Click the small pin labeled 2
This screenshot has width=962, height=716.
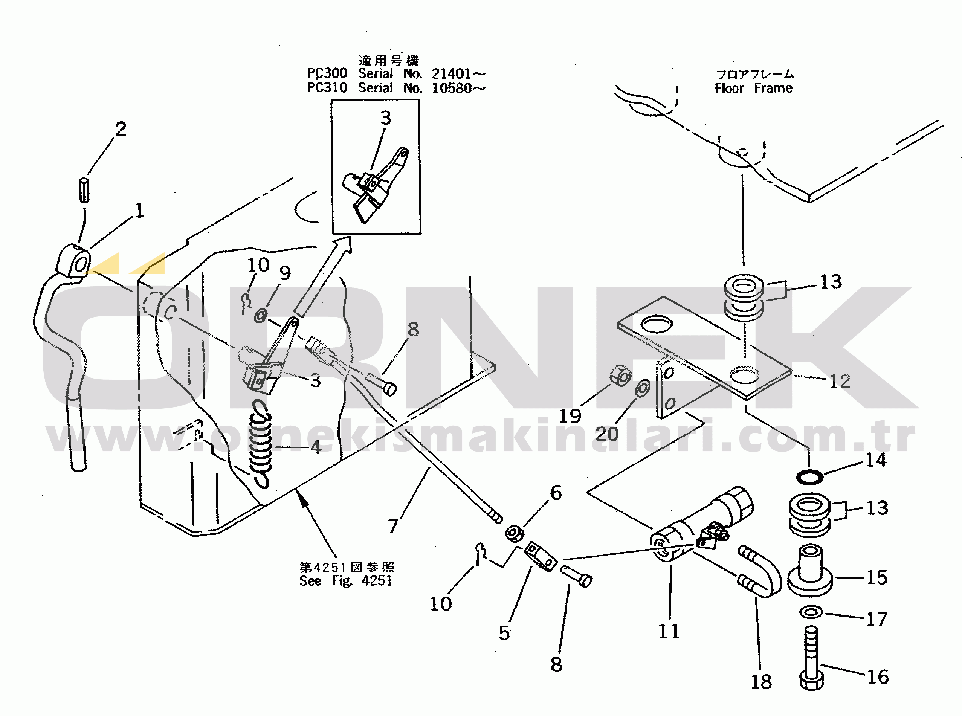[84, 190]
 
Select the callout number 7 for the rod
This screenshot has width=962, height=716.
[393, 526]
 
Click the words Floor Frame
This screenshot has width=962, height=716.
[754, 89]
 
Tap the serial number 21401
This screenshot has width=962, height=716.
[451, 74]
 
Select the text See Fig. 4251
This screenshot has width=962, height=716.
[346, 581]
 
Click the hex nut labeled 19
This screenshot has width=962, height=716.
[620, 376]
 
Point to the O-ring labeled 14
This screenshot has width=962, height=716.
[809, 478]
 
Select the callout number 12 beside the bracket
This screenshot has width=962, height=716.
[839, 382]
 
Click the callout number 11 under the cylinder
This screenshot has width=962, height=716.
[669, 631]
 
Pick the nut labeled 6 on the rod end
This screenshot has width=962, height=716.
[515, 533]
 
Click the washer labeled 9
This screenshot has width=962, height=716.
[260, 315]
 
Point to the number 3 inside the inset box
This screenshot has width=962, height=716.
[386, 118]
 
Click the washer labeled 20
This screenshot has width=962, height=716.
[643, 388]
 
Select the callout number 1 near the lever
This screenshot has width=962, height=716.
[139, 211]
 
